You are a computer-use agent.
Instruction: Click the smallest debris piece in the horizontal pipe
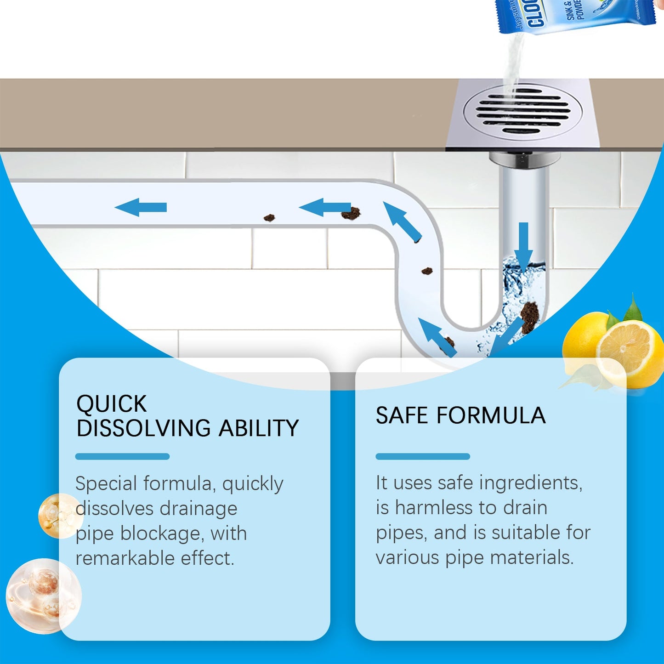[x=269, y=217]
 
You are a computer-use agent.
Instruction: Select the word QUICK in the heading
[x=111, y=404]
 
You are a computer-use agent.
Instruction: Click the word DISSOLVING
[x=144, y=428]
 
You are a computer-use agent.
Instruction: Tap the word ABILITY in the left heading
[x=259, y=428]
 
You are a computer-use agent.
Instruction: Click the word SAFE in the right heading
[x=403, y=415]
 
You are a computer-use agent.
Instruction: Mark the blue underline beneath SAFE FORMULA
[x=422, y=456]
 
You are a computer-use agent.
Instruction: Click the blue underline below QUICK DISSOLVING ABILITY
[x=122, y=456]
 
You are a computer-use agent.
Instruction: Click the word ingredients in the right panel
[x=530, y=483]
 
